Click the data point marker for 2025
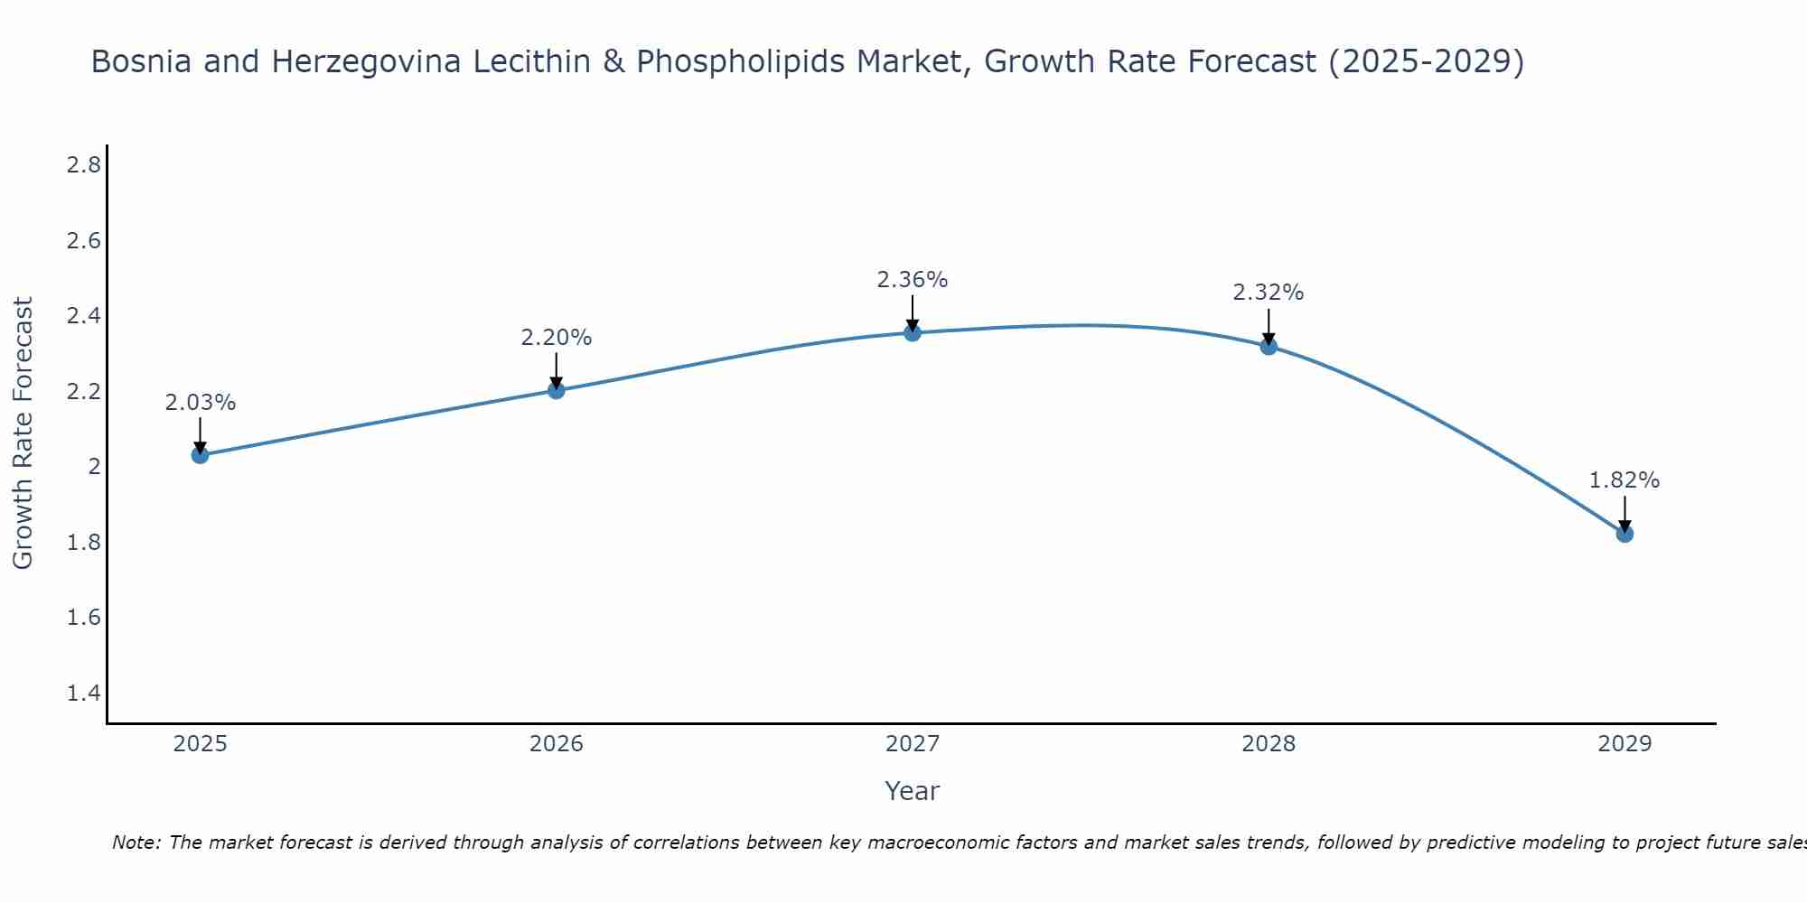click(x=200, y=455)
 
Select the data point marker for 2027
click(x=913, y=332)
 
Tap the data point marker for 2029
click(x=1624, y=534)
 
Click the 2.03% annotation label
click(x=200, y=403)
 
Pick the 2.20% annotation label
click(x=556, y=338)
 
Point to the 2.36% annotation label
click(x=913, y=280)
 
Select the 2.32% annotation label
click(x=1269, y=293)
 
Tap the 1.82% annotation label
click(x=1624, y=480)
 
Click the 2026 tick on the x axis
click(x=556, y=744)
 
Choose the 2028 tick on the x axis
click(x=1269, y=744)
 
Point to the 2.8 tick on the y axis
click(x=84, y=165)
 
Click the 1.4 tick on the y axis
click(x=84, y=694)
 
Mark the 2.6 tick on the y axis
click(x=84, y=241)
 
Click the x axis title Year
click(x=913, y=791)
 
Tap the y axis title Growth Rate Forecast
click(x=23, y=433)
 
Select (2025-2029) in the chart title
click(x=1427, y=61)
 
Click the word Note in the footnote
click(x=136, y=842)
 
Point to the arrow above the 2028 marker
click(x=1269, y=327)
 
